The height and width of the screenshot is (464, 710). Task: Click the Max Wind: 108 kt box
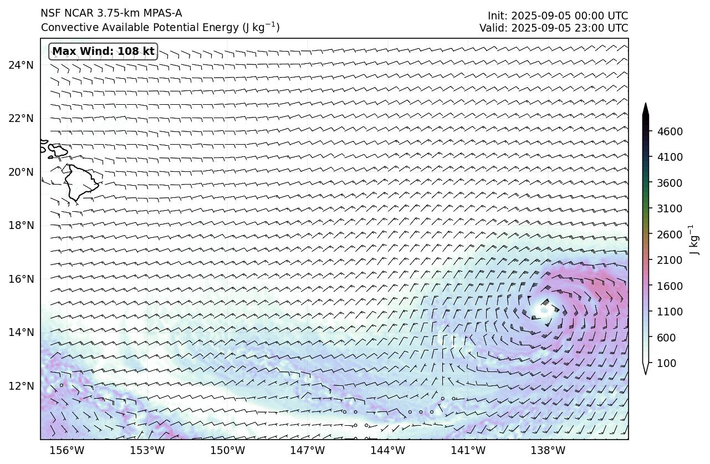point(103,52)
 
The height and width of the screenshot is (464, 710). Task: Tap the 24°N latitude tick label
point(21,65)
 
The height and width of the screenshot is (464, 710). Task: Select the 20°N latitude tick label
point(21,172)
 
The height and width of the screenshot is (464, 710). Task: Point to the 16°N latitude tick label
point(21,279)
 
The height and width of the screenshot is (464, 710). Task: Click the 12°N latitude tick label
point(21,386)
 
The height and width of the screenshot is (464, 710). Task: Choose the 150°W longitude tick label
point(228,450)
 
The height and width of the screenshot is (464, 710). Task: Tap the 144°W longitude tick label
point(388,450)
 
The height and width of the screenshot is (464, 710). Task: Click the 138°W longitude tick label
point(548,450)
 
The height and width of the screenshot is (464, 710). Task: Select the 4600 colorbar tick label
point(670,131)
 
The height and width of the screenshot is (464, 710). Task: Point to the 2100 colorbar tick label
point(670,260)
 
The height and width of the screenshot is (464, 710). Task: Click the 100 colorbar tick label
point(667,363)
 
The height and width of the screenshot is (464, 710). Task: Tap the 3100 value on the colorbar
point(670,208)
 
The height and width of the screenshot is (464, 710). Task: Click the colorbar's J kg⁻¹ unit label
point(693,239)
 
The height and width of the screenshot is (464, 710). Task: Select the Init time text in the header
point(558,16)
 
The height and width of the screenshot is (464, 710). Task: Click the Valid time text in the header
point(554,28)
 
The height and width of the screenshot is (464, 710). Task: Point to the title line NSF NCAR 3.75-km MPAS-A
point(111,13)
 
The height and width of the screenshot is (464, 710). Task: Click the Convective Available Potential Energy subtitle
point(160,27)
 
